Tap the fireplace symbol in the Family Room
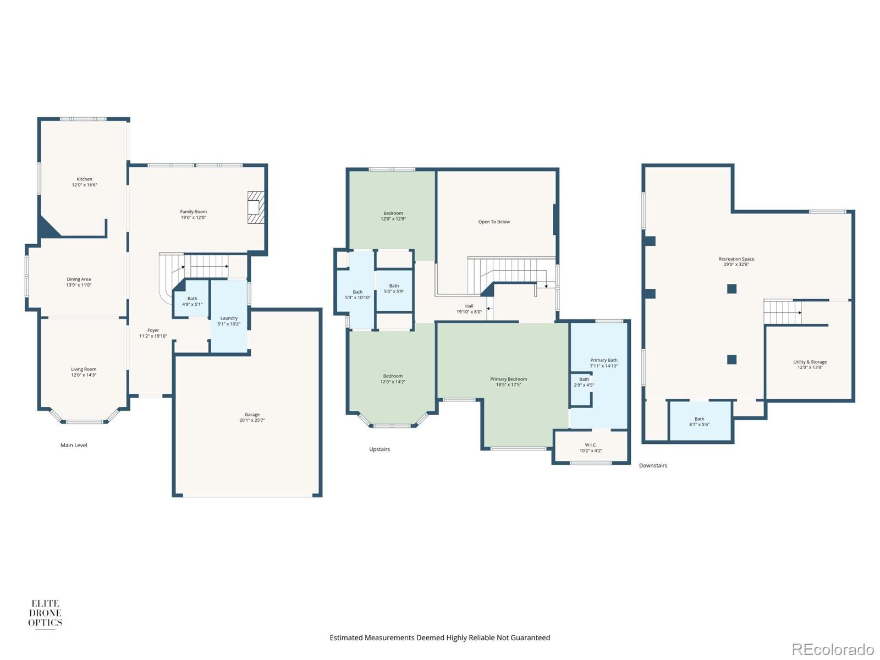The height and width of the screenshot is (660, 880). [x=256, y=207]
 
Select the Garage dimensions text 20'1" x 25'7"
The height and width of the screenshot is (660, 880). [x=252, y=421]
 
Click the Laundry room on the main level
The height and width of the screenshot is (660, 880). [x=229, y=321]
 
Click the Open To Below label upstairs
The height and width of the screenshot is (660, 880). [x=494, y=222]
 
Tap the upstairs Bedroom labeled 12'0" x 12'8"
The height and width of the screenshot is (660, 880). [x=393, y=216]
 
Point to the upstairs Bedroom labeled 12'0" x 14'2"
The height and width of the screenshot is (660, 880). [x=393, y=379]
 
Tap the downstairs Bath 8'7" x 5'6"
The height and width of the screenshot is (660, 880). [x=699, y=422]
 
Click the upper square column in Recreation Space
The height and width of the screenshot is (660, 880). [x=732, y=289]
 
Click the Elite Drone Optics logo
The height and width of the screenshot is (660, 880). [x=45, y=614]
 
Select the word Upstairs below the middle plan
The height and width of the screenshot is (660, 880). [x=380, y=449]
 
